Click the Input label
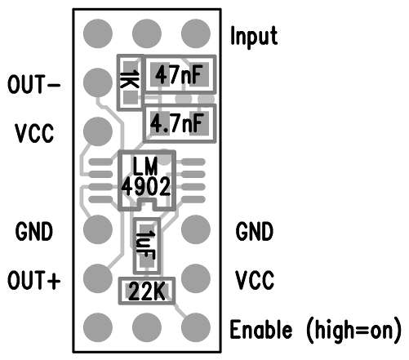point(254,36)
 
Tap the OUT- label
point(34,84)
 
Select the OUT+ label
point(34,280)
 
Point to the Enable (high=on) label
point(316,330)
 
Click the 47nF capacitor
point(180,74)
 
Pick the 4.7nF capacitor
point(180,123)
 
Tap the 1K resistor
point(131,82)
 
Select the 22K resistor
point(147,291)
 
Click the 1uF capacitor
point(147,246)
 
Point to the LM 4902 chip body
point(147,180)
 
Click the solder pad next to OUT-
point(98,82)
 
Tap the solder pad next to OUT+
point(98,278)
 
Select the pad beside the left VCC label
point(98,131)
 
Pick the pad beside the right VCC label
point(196,278)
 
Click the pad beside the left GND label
point(98,229)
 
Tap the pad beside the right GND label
point(196,229)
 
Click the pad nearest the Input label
point(196,33)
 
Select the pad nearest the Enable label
point(196,327)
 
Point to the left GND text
point(34,231)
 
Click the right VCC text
point(255,280)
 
